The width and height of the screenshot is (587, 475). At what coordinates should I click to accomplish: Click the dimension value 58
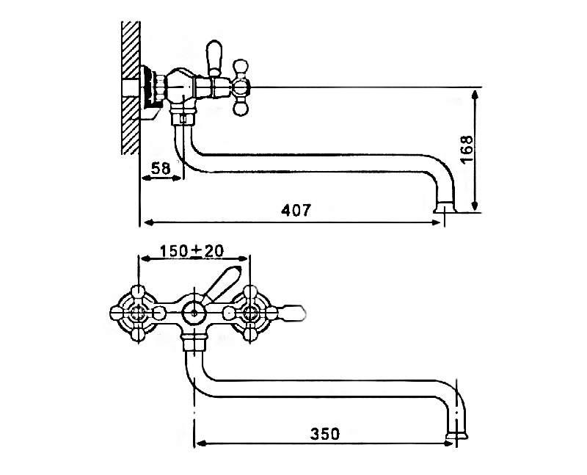coord(161,168)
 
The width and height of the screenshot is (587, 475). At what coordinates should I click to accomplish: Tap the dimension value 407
coord(296,210)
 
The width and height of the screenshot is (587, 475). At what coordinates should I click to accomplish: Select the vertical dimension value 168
coord(467,149)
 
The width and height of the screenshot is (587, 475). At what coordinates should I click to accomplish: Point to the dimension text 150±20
coord(192,251)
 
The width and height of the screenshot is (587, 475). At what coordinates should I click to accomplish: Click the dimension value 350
coord(325,434)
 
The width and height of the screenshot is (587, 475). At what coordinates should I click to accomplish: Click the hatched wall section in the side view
coord(131,87)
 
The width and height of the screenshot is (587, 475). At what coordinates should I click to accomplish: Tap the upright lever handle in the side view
coord(214,58)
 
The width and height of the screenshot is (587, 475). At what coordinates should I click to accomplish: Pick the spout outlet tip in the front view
coord(457,435)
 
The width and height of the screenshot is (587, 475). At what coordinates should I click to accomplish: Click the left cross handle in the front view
coord(138,313)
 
